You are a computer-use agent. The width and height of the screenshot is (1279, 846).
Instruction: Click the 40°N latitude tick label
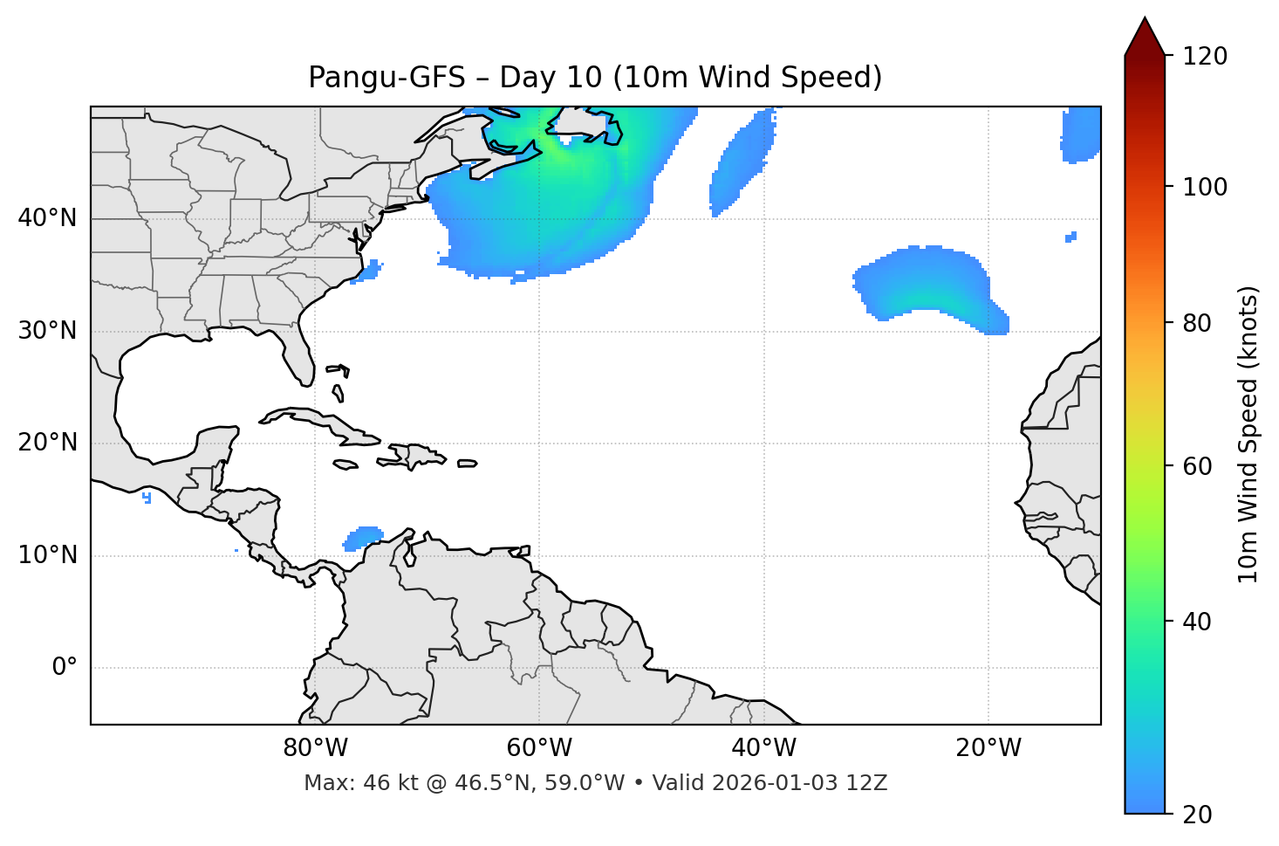coord(47,218)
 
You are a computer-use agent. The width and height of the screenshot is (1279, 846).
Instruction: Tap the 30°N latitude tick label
coord(47,331)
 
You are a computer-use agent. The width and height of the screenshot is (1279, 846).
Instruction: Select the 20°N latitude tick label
coord(47,443)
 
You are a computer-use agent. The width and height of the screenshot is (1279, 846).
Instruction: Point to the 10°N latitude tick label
coord(47,555)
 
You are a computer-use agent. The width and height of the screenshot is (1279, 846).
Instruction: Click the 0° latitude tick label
coord(65,668)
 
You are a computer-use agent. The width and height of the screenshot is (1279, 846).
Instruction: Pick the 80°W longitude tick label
coord(315,748)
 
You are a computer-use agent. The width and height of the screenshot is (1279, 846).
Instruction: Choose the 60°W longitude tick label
coord(539,748)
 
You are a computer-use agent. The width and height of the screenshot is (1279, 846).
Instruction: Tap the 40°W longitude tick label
coord(763,748)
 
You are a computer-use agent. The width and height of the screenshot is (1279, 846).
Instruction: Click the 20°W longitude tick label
coord(988,748)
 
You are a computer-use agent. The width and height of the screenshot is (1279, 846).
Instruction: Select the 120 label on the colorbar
coord(1205,57)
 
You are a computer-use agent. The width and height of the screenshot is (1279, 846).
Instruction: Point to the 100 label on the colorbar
coord(1205,187)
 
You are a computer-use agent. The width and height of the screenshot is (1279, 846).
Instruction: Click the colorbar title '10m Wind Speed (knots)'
coord(1248,435)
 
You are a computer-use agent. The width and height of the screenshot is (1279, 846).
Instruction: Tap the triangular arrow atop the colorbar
coord(1145,38)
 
